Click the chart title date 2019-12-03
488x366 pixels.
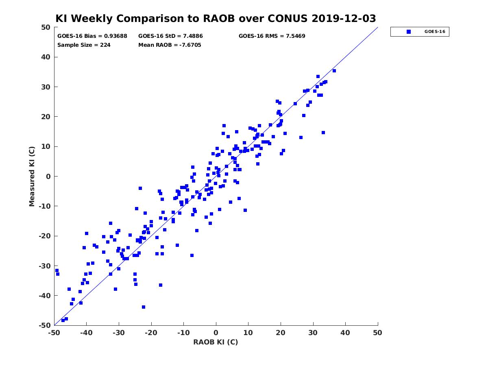[344, 18]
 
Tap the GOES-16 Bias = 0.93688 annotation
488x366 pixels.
[92, 36]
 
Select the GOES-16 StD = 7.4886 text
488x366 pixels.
[170, 36]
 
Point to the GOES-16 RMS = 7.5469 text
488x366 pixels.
[272, 36]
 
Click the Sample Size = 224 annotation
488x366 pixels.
[84, 45]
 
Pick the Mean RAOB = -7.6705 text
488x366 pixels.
[170, 45]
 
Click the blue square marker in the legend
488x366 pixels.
[409, 32]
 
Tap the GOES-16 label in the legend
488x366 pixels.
[435, 32]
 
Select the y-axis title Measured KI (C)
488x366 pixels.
[32, 176]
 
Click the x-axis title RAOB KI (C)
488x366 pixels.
[216, 342]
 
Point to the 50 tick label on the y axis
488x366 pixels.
[46, 27]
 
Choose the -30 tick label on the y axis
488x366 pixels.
[45, 266]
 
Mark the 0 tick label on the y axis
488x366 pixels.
[48, 176]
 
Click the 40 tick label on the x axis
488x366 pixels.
[345, 333]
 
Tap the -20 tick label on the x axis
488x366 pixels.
[151, 333]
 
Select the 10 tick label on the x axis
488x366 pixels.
[248, 333]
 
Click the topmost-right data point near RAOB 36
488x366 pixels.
[334, 71]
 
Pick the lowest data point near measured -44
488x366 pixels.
[144, 307]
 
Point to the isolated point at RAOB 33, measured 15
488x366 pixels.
[323, 133]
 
